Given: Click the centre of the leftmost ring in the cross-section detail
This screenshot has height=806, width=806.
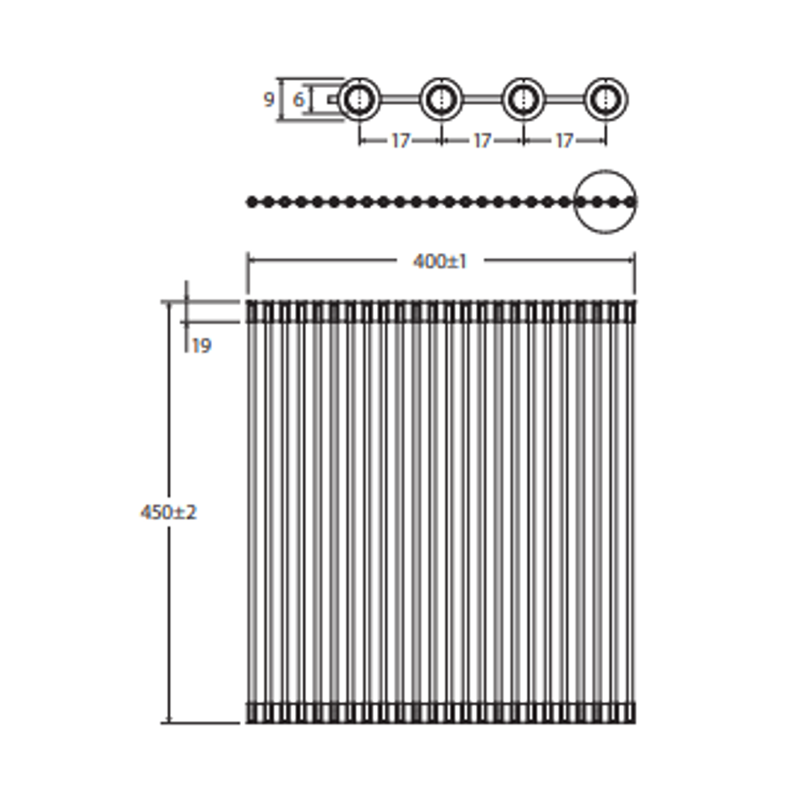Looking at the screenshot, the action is coord(359,99).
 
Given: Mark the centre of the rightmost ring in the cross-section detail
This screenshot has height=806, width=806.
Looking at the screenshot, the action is coord(606,99).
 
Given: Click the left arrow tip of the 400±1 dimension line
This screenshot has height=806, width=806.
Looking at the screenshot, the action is coord(249,260).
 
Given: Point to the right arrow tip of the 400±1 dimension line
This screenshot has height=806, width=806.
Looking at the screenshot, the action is coord(635,260).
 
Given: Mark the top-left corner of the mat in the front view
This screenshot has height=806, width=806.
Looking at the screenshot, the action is coord(247,302).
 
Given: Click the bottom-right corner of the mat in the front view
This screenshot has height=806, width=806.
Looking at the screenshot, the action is coord(636,722).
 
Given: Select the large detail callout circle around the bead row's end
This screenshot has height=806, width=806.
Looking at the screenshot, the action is coord(605,202).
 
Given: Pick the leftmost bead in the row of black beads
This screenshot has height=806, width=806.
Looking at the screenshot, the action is coord(252,202).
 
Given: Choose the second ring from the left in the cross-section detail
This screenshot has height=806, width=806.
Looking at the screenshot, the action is coord(442,99).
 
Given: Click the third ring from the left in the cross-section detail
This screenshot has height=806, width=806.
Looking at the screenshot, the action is coord(524,99).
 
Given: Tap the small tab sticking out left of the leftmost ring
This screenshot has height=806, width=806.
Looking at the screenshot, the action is coord(333,99).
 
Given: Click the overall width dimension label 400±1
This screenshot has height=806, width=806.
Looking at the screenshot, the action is coord(440,262).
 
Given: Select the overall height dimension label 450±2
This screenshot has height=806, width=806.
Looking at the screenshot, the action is coord(169,513).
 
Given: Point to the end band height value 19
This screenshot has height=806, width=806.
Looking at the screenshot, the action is coord(201,346).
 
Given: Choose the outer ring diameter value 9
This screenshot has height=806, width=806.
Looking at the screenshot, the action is coord(269,99).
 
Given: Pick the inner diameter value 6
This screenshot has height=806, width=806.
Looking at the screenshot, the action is coord(299,99).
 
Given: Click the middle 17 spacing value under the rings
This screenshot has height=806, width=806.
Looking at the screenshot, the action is coord(482,140).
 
